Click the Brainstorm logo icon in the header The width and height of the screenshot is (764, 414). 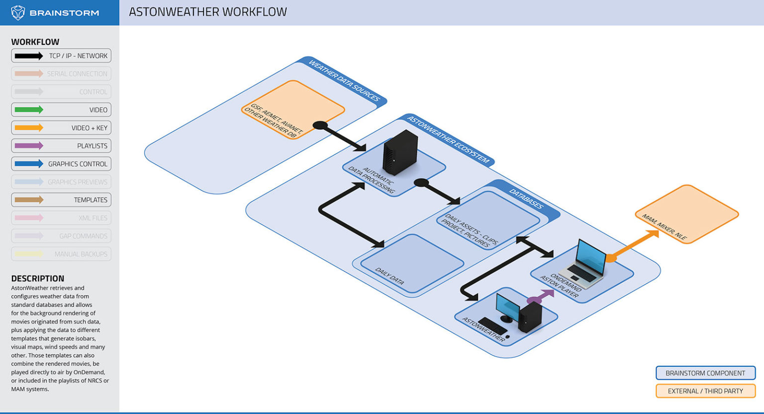(x=18, y=12)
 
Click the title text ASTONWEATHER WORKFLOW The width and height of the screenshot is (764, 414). (x=207, y=12)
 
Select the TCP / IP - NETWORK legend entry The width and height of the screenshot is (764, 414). (x=61, y=56)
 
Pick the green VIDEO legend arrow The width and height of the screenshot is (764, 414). (x=29, y=110)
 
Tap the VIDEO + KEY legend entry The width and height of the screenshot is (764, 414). (x=61, y=128)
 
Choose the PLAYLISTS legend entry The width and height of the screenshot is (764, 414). (x=61, y=146)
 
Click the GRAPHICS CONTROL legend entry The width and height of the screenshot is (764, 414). (x=61, y=164)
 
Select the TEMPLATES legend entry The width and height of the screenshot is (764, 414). (x=61, y=200)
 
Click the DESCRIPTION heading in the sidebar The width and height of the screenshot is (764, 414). (x=38, y=279)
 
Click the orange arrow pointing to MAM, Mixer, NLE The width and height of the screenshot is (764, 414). (x=634, y=244)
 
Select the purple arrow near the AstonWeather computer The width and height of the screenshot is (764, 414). (x=541, y=297)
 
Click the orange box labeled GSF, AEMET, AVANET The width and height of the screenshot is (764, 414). (x=293, y=110)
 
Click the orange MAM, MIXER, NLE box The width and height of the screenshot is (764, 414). (x=687, y=214)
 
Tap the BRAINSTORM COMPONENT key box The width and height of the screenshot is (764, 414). (x=705, y=373)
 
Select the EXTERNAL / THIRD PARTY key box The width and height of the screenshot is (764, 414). (x=705, y=391)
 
